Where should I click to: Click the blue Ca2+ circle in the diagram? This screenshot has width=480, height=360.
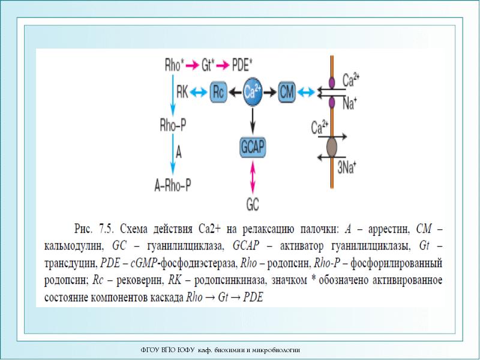(x=253, y=92)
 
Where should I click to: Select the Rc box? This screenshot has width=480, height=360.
(x=220, y=92)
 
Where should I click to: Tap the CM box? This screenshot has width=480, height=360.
(x=287, y=92)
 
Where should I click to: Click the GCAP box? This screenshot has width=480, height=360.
(x=253, y=148)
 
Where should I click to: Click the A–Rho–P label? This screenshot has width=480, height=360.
(x=173, y=186)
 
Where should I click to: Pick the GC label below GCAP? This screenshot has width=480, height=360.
(x=253, y=203)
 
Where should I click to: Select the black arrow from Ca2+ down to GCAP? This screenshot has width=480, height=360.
(x=253, y=121)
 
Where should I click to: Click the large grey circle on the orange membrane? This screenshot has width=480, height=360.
(x=332, y=146)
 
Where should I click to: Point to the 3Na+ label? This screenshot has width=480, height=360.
(x=347, y=167)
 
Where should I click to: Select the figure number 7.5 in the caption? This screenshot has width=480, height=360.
(x=106, y=229)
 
